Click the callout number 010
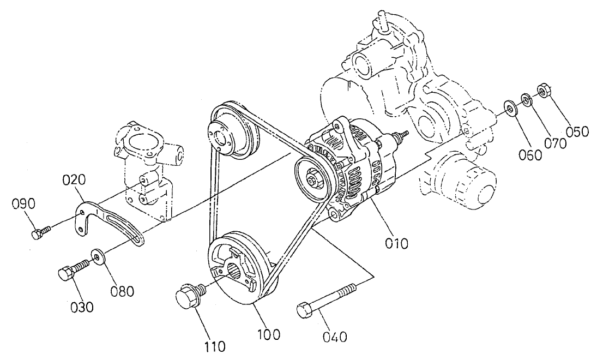[396, 243]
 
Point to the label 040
[335, 337]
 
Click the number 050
[577, 131]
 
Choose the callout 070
[555, 142]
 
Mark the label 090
[24, 204]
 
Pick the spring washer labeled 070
[527, 99]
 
